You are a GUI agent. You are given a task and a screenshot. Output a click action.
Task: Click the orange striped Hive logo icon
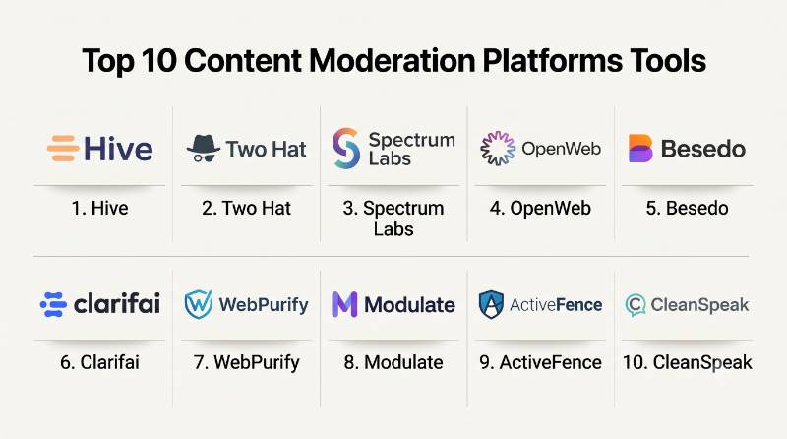(63, 149)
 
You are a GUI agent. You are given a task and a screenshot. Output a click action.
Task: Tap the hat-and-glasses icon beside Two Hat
(204, 149)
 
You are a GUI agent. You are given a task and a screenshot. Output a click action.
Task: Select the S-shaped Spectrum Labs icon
(346, 149)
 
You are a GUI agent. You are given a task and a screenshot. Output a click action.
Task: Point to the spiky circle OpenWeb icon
(498, 149)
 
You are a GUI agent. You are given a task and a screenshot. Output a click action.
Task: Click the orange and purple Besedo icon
(640, 149)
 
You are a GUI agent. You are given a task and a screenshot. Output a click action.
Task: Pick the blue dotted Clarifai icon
(53, 304)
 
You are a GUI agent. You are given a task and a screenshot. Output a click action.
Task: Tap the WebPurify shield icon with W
(199, 304)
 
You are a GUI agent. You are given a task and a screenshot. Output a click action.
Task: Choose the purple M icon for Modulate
(344, 304)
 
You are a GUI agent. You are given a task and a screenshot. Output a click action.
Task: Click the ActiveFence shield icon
(491, 304)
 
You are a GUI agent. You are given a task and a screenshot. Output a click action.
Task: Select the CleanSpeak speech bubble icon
(636, 305)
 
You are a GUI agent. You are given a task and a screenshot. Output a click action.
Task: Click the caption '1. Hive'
(100, 208)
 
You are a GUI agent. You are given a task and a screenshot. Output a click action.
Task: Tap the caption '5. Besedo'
(687, 208)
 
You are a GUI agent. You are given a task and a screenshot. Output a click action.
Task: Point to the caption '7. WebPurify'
(247, 362)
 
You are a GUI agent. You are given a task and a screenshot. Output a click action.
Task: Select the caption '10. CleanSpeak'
(687, 362)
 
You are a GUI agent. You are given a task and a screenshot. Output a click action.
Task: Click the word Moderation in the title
(392, 61)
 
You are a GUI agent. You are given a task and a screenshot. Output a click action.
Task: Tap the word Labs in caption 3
(393, 229)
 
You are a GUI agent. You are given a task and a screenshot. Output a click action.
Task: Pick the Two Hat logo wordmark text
(266, 150)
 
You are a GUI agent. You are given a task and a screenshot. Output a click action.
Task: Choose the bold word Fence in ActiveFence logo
(578, 304)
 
